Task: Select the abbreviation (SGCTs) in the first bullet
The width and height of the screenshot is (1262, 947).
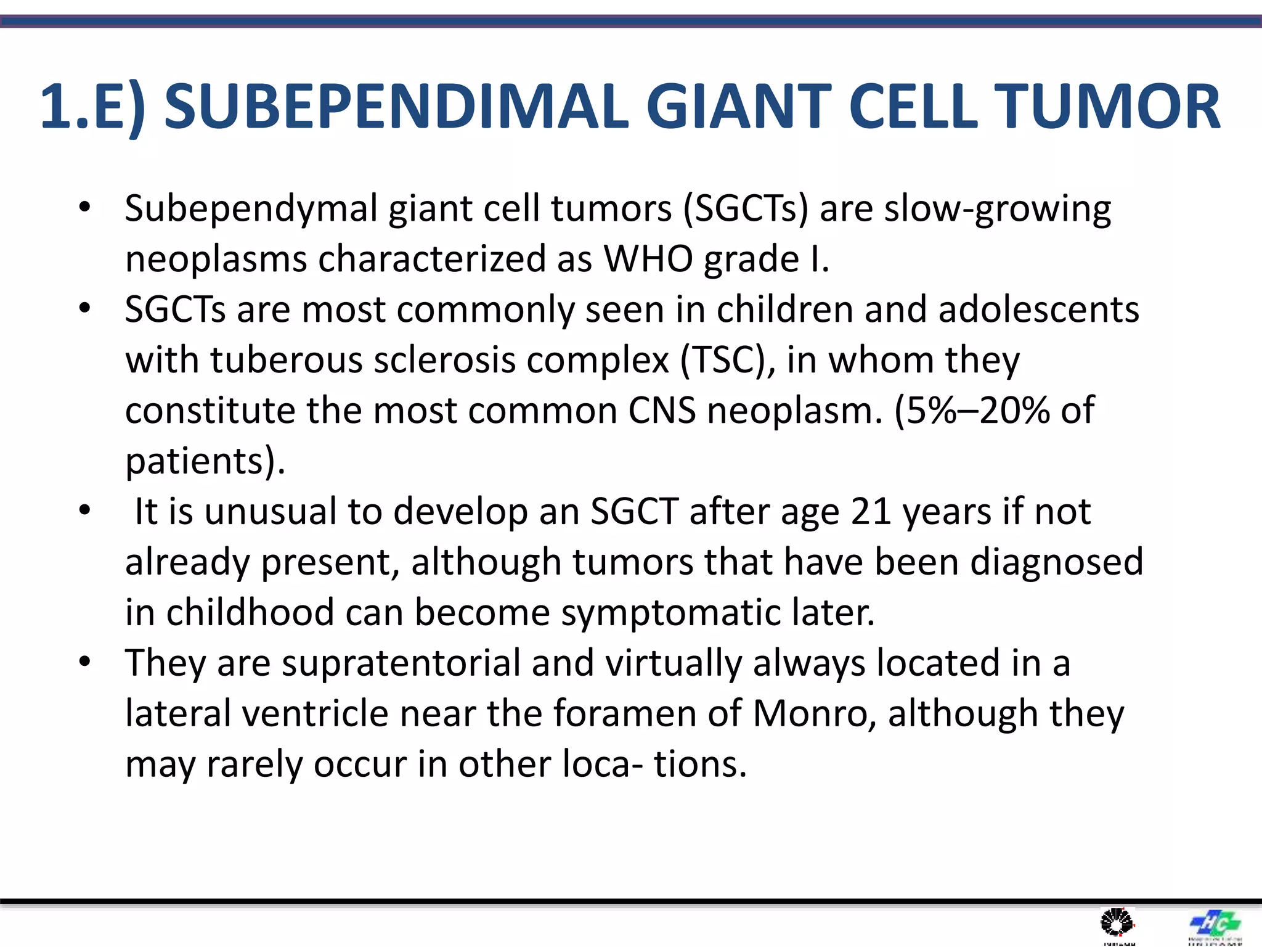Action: (x=746, y=208)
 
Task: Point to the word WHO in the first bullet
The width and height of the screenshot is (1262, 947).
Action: (x=648, y=259)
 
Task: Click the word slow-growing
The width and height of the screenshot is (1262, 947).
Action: (x=998, y=210)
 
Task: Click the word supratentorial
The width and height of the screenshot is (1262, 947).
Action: (x=401, y=664)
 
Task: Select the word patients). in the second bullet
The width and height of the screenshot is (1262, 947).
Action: (x=205, y=461)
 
